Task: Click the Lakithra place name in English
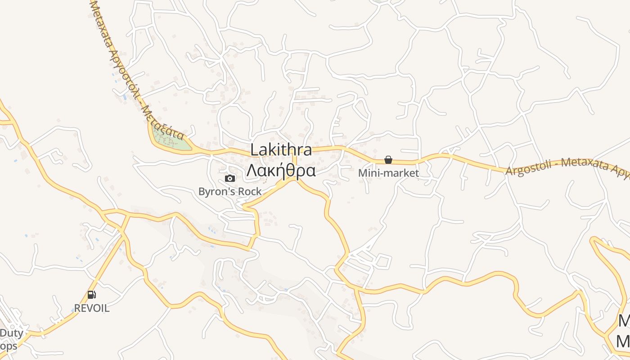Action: pyautogui.click(x=281, y=150)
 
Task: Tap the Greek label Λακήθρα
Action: pyautogui.click(x=281, y=171)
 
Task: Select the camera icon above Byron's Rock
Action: pyautogui.click(x=230, y=178)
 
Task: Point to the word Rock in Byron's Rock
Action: pyautogui.click(x=250, y=192)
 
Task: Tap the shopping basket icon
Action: pyautogui.click(x=388, y=160)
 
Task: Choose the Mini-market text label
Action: pyautogui.click(x=388, y=173)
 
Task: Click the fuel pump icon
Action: pyautogui.click(x=92, y=295)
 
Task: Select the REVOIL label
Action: pyautogui.click(x=92, y=309)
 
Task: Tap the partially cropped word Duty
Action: pyautogui.click(x=11, y=333)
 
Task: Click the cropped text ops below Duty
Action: pyautogui.click(x=9, y=346)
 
